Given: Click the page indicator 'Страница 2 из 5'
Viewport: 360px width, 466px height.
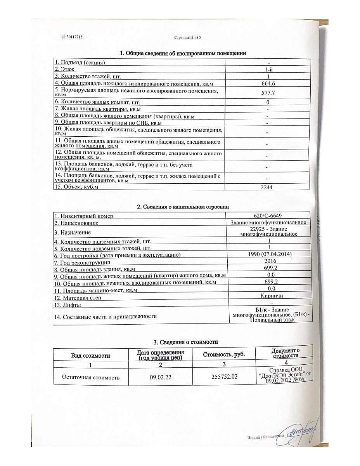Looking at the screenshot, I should (188, 37).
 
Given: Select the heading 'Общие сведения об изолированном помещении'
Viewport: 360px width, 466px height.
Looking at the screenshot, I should (183, 53).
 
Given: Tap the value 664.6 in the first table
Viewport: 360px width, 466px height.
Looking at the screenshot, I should (268, 83).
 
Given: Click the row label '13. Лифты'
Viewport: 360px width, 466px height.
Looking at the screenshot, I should (70, 304).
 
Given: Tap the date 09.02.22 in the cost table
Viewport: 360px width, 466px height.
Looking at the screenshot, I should (160, 377).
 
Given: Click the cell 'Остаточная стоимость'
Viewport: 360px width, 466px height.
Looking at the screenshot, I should (91, 377).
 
